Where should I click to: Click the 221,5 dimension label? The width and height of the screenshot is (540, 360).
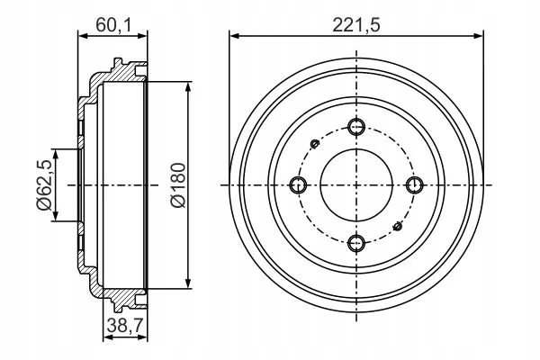click(x=356, y=25)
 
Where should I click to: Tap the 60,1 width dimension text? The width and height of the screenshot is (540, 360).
click(x=113, y=25)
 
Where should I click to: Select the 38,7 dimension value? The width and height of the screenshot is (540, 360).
click(x=125, y=325)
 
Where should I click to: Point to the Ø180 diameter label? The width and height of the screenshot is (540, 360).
click(x=178, y=185)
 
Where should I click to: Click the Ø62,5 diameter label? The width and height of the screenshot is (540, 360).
click(x=44, y=185)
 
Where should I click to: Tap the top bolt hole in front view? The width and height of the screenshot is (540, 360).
click(x=356, y=127)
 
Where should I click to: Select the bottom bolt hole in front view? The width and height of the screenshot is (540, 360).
click(x=356, y=243)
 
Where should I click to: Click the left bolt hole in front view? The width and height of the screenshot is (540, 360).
click(x=298, y=185)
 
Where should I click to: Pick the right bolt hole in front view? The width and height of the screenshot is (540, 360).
click(x=414, y=185)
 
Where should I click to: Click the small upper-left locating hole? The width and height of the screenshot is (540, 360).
click(x=315, y=144)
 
